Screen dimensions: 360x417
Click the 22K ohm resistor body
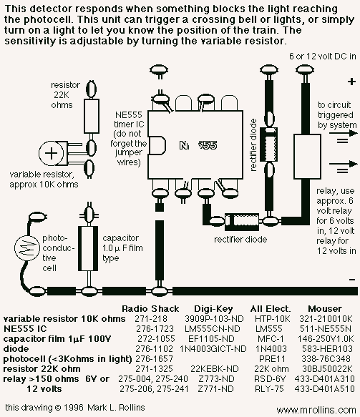pos(92,116)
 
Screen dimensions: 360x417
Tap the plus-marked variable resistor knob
pos(52,153)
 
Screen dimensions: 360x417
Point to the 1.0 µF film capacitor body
pos(88,248)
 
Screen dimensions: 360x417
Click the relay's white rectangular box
pos(307,157)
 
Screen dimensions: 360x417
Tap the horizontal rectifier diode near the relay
pos(242,222)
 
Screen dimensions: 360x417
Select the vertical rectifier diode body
pos(268,144)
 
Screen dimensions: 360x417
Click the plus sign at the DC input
pos(351,82)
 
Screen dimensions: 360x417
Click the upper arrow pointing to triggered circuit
pos(343,133)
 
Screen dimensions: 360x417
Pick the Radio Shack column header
pos(150,309)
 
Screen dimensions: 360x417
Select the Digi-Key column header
pos(213,309)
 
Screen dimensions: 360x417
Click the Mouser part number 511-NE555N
pos(326,329)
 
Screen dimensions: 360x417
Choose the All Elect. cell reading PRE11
pos(272,359)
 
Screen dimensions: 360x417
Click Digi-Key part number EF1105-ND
pos(211,339)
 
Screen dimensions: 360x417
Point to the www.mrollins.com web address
pos(316,410)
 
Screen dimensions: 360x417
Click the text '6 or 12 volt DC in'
pos(323,57)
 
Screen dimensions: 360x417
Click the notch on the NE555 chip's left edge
pos(157,145)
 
